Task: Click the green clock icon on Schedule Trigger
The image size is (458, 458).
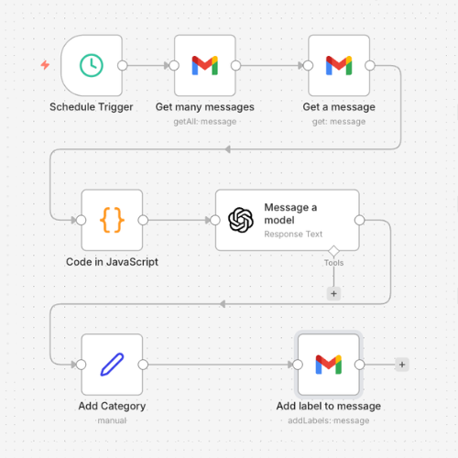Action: coord(91,65)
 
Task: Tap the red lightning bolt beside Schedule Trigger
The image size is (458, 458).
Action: coord(45,65)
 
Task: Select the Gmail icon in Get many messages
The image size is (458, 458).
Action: coord(204,65)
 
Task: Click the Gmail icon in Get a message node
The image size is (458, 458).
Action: coord(339,65)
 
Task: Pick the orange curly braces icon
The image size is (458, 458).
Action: coord(112,220)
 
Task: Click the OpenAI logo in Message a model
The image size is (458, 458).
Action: coord(241,220)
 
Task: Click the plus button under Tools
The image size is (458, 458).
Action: coord(333,294)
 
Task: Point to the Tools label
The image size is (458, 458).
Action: coord(333,263)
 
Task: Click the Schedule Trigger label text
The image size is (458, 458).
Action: coord(91,107)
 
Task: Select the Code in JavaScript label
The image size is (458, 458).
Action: coord(112,262)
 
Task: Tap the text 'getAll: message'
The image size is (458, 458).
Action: coord(204,120)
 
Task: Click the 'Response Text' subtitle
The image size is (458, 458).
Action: coord(293,234)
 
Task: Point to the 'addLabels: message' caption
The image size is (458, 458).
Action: coord(329,420)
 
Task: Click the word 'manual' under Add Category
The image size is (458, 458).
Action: coord(112,420)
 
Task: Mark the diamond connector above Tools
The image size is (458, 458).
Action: coord(333,250)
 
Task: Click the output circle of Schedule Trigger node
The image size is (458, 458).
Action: coord(122,65)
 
